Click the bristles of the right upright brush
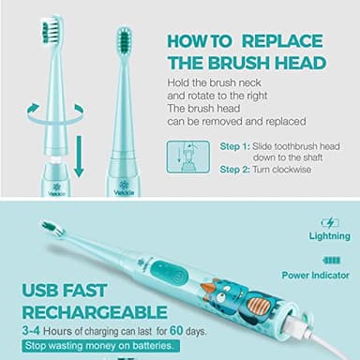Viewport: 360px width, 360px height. (x=123, y=38)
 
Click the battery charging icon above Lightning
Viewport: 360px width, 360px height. (x=329, y=223)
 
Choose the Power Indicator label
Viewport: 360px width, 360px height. (x=318, y=276)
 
